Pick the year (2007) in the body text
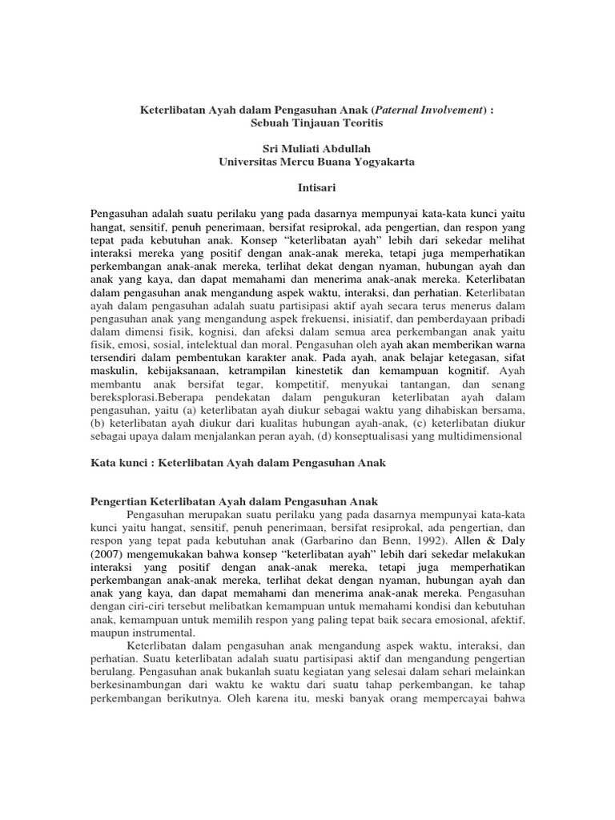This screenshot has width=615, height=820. point(106,556)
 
